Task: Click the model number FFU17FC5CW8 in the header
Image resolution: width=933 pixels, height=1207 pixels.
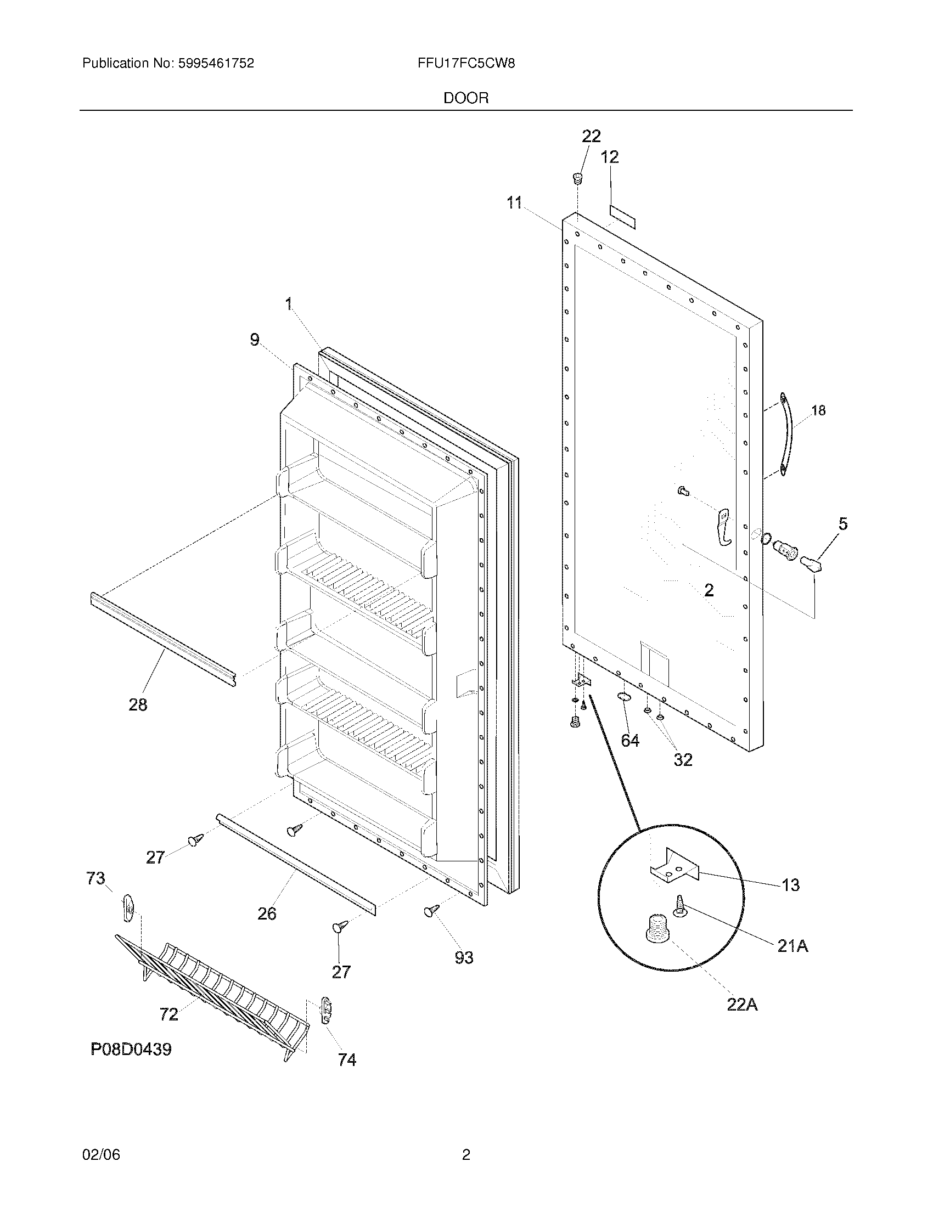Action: point(466,64)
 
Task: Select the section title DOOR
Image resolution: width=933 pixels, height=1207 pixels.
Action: point(466,98)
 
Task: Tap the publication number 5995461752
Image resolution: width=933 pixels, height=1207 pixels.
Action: point(216,64)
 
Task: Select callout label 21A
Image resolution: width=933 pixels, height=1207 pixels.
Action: point(793,946)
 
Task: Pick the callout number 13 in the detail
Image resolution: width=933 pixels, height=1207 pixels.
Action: point(790,885)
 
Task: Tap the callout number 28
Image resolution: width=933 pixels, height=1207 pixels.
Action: point(138,704)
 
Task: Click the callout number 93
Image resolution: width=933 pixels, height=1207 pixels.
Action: point(464,957)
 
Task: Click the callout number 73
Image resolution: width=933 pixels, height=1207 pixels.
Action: point(95,878)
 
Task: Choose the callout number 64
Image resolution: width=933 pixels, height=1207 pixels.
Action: point(630,740)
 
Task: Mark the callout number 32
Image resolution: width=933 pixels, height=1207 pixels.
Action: point(683,759)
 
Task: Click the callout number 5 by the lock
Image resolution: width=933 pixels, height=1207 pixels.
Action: point(842,523)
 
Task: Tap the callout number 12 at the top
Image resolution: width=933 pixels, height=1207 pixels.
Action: point(610,157)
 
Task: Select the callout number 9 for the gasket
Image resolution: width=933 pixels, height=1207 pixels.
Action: point(254,339)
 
